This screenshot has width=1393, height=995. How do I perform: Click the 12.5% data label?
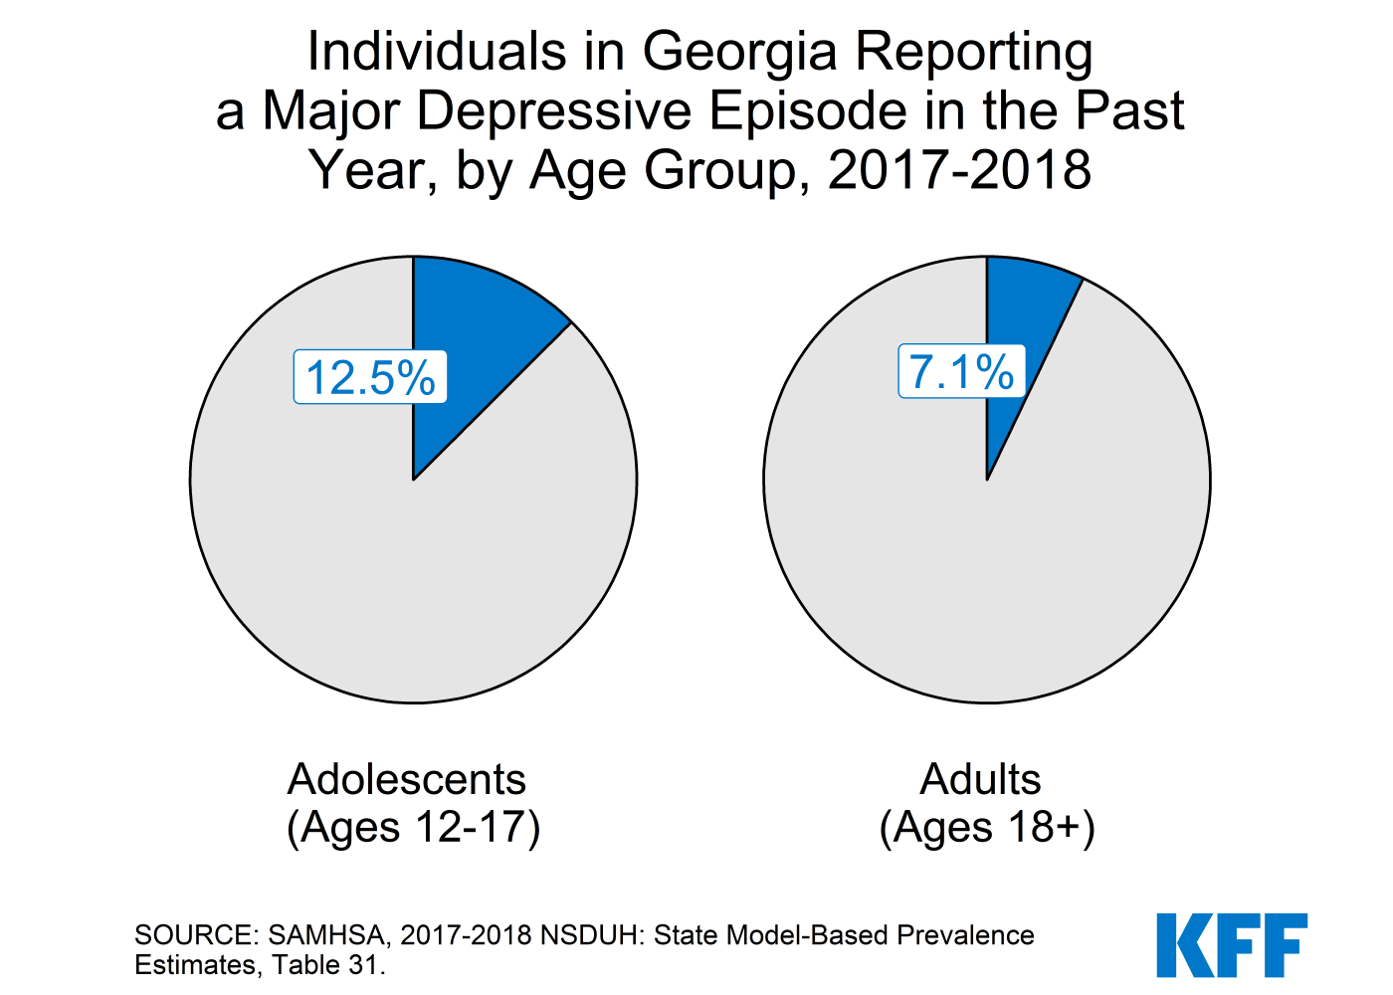click(370, 377)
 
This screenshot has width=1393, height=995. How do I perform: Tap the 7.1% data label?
click(961, 372)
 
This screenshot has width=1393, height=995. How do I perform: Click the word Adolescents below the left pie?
click(406, 779)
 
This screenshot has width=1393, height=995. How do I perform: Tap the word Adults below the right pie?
click(980, 779)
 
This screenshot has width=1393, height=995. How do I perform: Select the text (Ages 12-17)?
click(413, 827)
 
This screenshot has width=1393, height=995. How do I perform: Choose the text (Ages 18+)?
click(987, 827)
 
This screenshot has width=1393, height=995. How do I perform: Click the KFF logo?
click(1232, 944)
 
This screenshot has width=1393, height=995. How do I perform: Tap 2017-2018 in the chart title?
click(959, 170)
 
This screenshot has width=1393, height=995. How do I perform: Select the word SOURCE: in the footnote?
click(197, 935)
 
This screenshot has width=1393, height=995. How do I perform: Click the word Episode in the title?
click(815, 110)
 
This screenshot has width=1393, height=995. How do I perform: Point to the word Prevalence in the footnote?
click(965, 935)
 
